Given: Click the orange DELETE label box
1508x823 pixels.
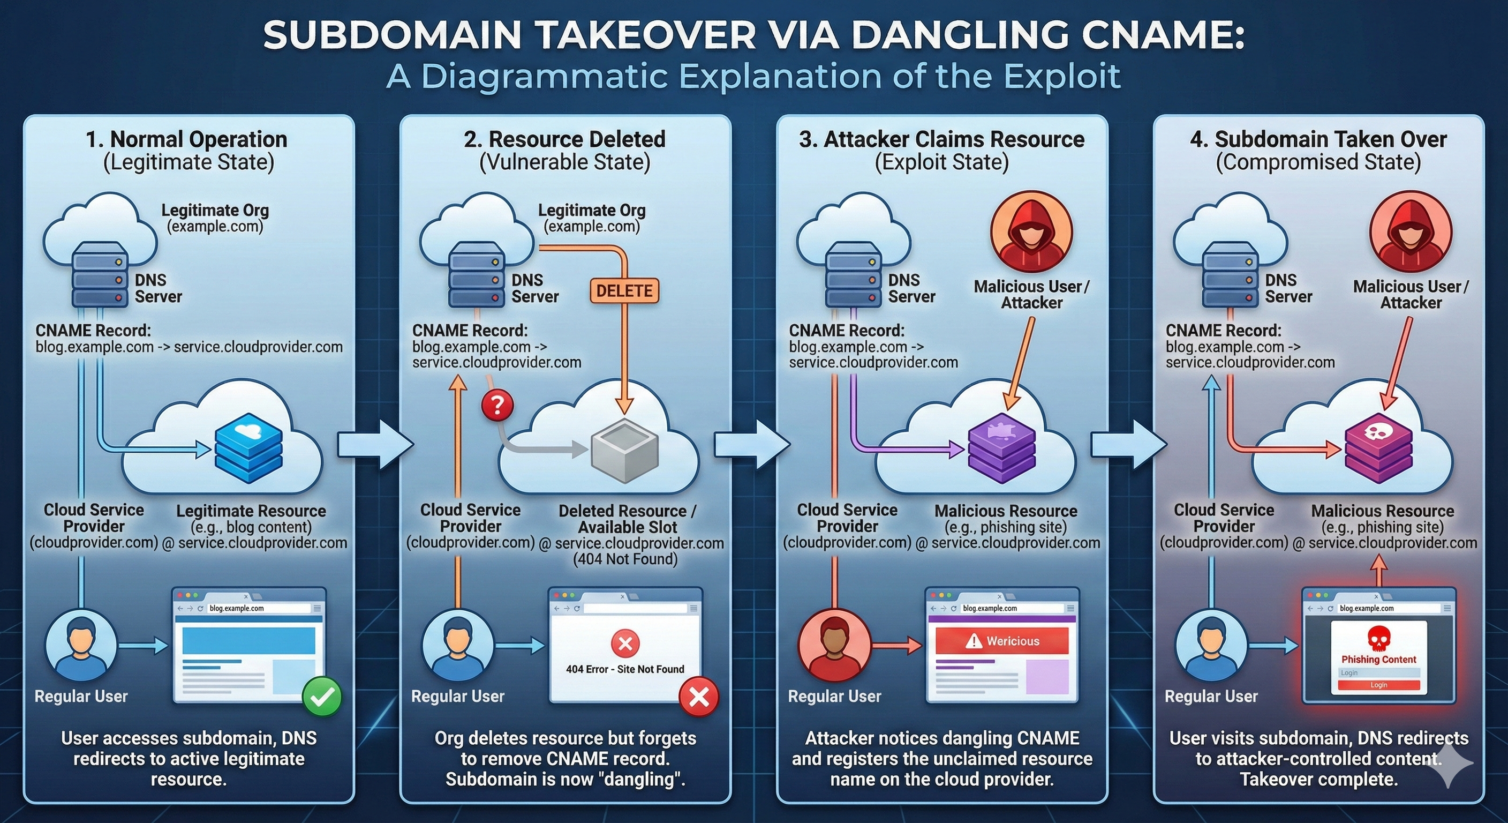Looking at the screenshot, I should click(x=624, y=290).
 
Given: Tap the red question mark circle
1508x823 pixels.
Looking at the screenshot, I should click(x=497, y=404).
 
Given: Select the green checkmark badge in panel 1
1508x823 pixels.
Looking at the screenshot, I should click(x=322, y=696).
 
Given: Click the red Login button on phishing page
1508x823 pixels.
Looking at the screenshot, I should click(x=1378, y=685).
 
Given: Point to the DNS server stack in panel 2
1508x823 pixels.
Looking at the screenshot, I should click(x=477, y=280).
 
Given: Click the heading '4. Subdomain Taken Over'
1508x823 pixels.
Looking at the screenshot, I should click(x=1318, y=139).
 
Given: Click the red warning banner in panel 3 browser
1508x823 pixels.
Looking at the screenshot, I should click(x=1001, y=641).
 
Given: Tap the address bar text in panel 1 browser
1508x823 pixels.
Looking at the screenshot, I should click(x=237, y=608).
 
